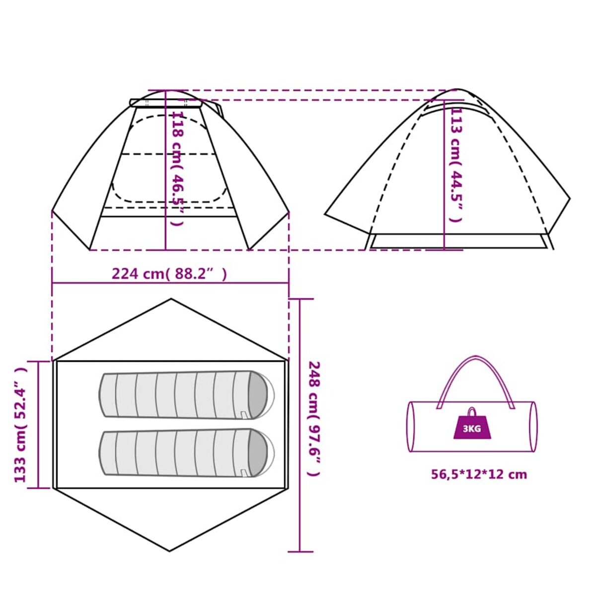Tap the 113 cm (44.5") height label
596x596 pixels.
point(456,165)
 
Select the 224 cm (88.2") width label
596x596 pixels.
point(169,274)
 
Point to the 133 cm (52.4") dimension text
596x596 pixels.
point(21,425)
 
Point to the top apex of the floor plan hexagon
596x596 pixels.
point(171,299)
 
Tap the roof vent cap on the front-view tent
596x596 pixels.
point(165,103)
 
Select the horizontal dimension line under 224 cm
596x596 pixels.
point(170,283)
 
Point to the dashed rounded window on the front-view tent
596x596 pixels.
point(169,159)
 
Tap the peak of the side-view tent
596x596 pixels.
point(456,89)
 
